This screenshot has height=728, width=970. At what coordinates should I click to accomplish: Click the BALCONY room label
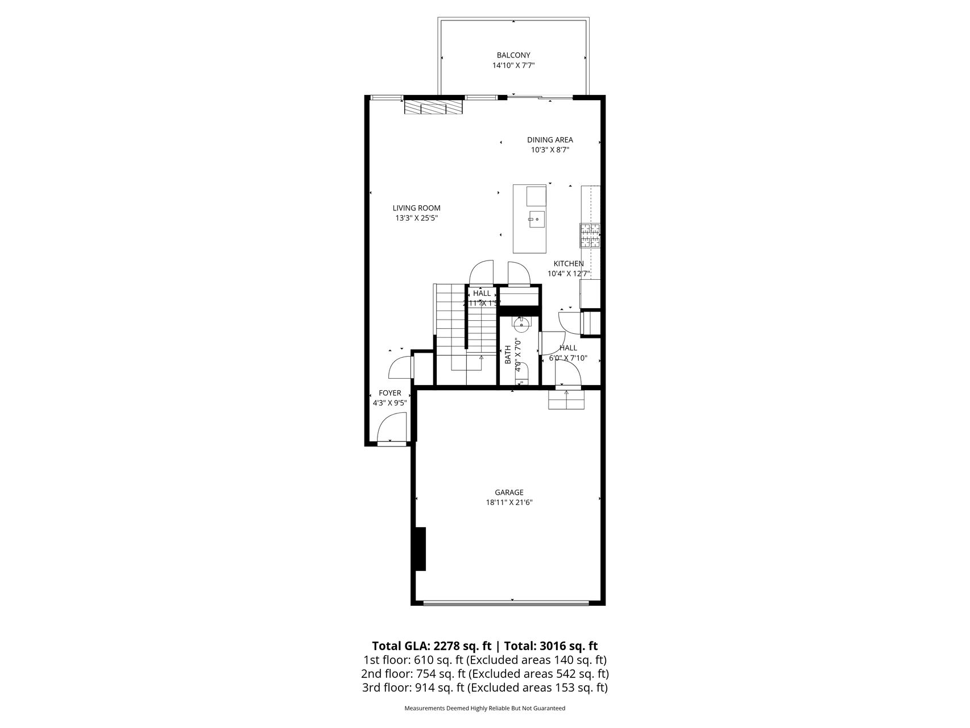[513, 55]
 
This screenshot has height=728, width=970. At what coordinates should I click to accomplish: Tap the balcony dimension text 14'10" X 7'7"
[513, 65]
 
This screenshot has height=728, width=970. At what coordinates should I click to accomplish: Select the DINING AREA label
[549, 140]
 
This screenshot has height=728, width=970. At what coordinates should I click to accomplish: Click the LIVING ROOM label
[416, 208]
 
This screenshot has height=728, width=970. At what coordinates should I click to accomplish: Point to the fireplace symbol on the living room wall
[433, 107]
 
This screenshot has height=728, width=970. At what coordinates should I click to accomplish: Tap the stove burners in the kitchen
[590, 235]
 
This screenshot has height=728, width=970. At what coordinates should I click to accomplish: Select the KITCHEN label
[569, 264]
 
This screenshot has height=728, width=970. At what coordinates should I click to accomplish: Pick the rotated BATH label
[508, 355]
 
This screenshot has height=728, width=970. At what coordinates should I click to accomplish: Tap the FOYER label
[389, 393]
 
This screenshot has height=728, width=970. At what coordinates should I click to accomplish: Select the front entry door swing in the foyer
[392, 428]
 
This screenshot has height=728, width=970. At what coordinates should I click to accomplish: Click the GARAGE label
[508, 493]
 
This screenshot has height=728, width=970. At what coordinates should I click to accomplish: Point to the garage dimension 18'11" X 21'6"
[508, 502]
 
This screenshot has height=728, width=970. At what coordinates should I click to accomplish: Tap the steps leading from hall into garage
[566, 400]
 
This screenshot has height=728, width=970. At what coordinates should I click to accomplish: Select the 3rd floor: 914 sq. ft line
[484, 688]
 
